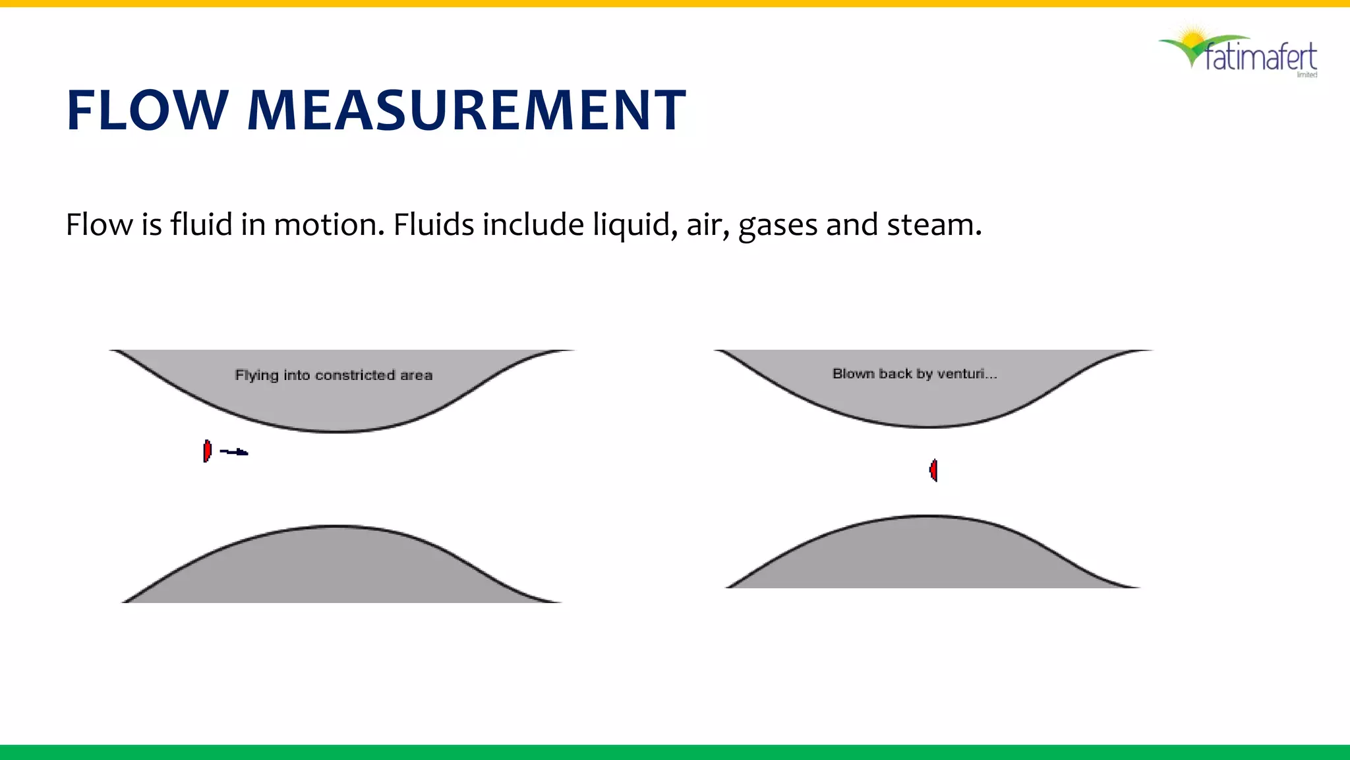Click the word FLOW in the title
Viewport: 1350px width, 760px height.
pyautogui.click(x=147, y=110)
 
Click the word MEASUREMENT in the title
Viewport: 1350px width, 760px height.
pyautogui.click(x=466, y=110)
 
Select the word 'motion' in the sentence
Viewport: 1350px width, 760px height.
pyautogui.click(x=328, y=225)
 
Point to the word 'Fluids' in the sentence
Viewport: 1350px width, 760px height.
pyautogui.click(x=433, y=225)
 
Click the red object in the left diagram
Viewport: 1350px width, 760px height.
pyautogui.click(x=207, y=451)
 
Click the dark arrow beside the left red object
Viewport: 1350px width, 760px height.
pyautogui.click(x=234, y=452)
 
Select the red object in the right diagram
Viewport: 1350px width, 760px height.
pyautogui.click(x=933, y=470)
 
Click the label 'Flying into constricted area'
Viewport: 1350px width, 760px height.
pyautogui.click(x=334, y=375)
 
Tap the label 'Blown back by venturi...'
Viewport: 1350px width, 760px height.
pyautogui.click(x=914, y=374)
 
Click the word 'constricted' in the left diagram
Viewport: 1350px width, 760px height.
pyautogui.click(x=355, y=375)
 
